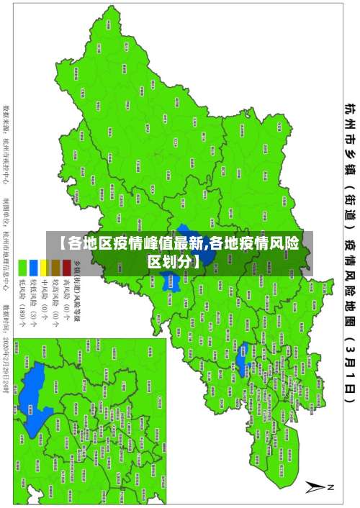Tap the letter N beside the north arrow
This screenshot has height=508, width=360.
pyautogui.click(x=331, y=488)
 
